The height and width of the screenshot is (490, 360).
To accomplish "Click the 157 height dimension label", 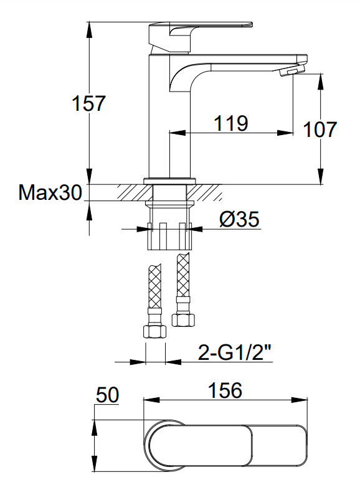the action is (x=88, y=103).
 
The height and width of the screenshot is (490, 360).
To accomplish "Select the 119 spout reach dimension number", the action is (x=231, y=123).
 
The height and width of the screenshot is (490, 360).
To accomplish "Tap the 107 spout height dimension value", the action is (x=320, y=130).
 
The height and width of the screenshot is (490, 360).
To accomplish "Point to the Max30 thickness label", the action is (x=50, y=192).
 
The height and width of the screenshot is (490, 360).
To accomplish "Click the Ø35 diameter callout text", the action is (x=239, y=219).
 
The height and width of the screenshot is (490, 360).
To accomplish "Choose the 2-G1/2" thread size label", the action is (x=234, y=353).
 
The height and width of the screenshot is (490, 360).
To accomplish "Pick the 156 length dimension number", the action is (x=225, y=390).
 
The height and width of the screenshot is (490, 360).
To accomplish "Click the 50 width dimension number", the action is (x=108, y=395).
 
